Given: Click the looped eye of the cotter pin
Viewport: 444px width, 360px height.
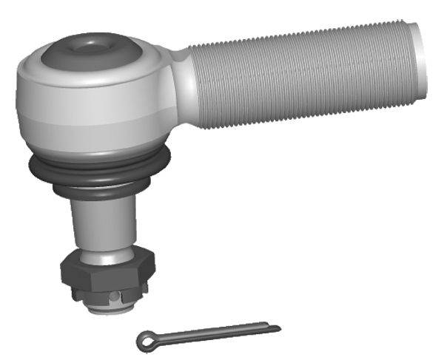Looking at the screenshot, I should (x=145, y=340).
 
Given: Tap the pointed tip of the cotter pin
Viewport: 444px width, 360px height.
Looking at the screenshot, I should (x=278, y=326).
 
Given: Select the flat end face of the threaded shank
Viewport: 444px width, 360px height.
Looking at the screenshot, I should (x=421, y=59).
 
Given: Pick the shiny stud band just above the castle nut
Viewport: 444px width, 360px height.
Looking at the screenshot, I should (x=104, y=255).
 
